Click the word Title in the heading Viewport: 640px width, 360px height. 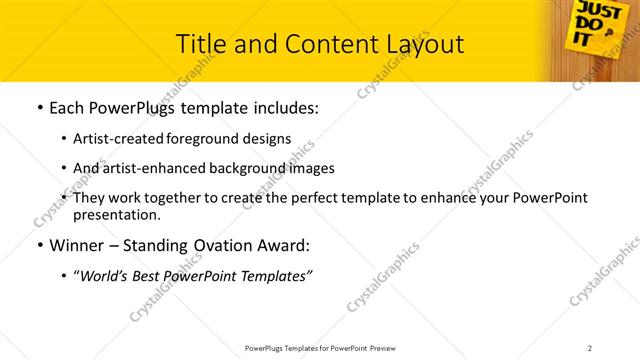click(x=199, y=44)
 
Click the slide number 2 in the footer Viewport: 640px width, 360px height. click(x=590, y=347)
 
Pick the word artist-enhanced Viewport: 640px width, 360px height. click(x=147, y=169)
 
